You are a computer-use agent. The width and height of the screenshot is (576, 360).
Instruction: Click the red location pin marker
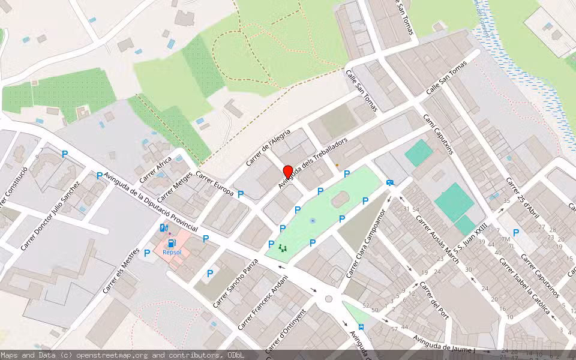pyautogui.click(x=287, y=172)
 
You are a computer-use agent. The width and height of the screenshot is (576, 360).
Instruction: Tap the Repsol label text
pyautogui.click(x=172, y=253)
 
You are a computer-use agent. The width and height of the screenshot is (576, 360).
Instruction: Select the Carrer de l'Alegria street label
pyautogui.click(x=269, y=147)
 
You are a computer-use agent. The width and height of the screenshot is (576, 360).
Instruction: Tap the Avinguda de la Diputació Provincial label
pyautogui.click(x=151, y=202)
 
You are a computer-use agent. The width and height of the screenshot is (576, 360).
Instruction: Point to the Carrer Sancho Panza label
pyautogui.click(x=234, y=283)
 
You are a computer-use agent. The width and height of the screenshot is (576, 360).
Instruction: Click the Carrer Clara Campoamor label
pyautogui.click(x=365, y=244)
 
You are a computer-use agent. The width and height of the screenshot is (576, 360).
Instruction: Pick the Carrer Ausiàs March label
pyautogui.click(x=437, y=239)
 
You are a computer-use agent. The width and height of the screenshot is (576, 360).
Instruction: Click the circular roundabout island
pyautogui.click(x=328, y=298)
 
